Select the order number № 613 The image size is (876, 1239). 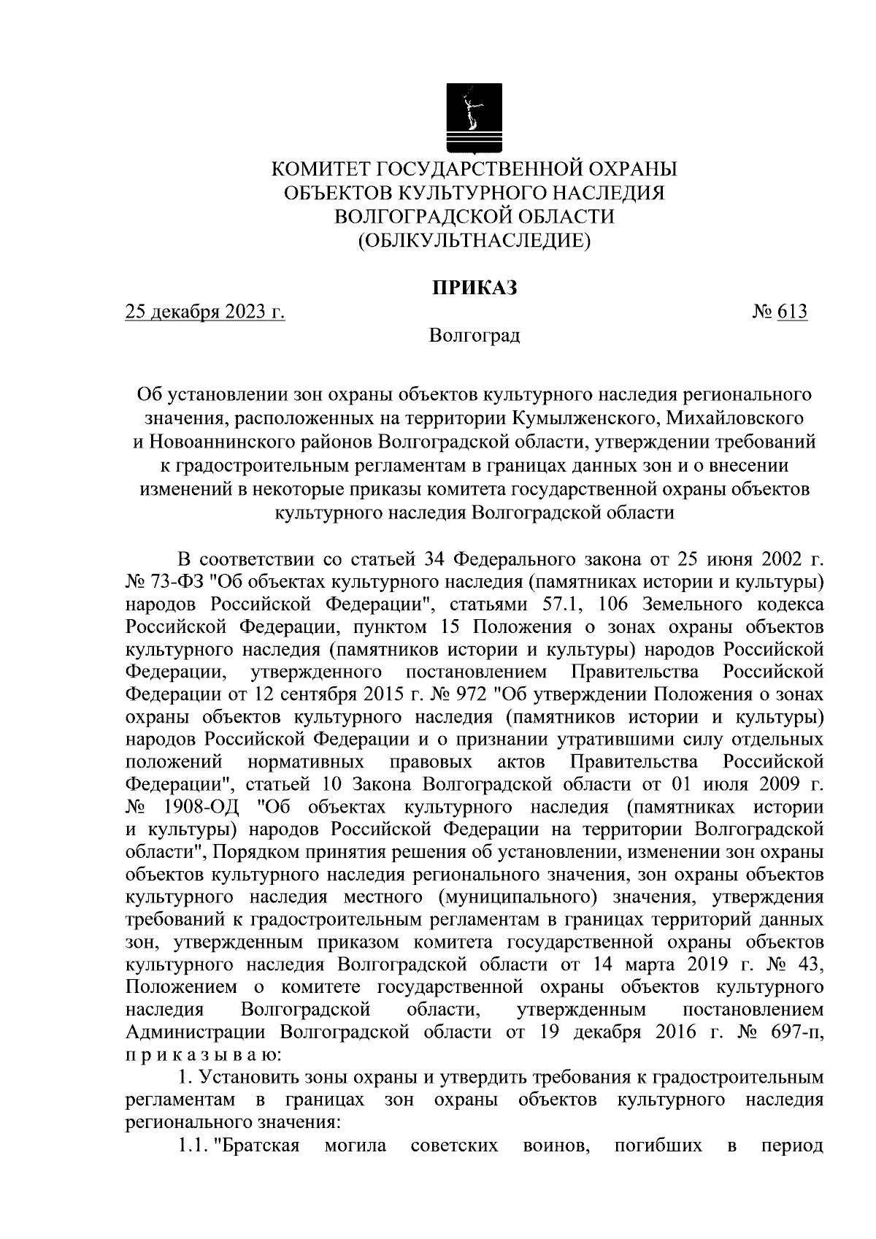(779, 312)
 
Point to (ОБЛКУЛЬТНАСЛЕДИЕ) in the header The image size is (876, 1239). (474, 239)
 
